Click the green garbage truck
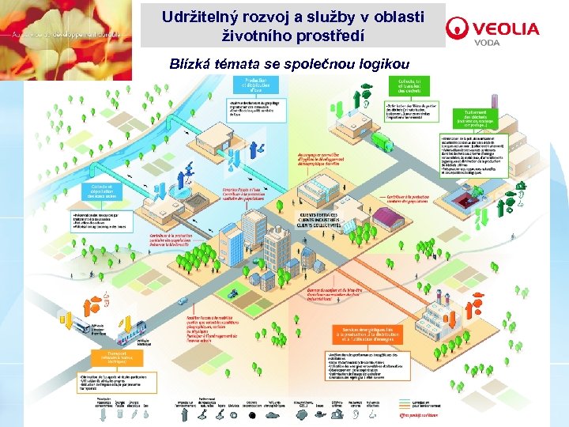381,142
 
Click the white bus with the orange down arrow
82,326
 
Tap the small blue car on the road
183,300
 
